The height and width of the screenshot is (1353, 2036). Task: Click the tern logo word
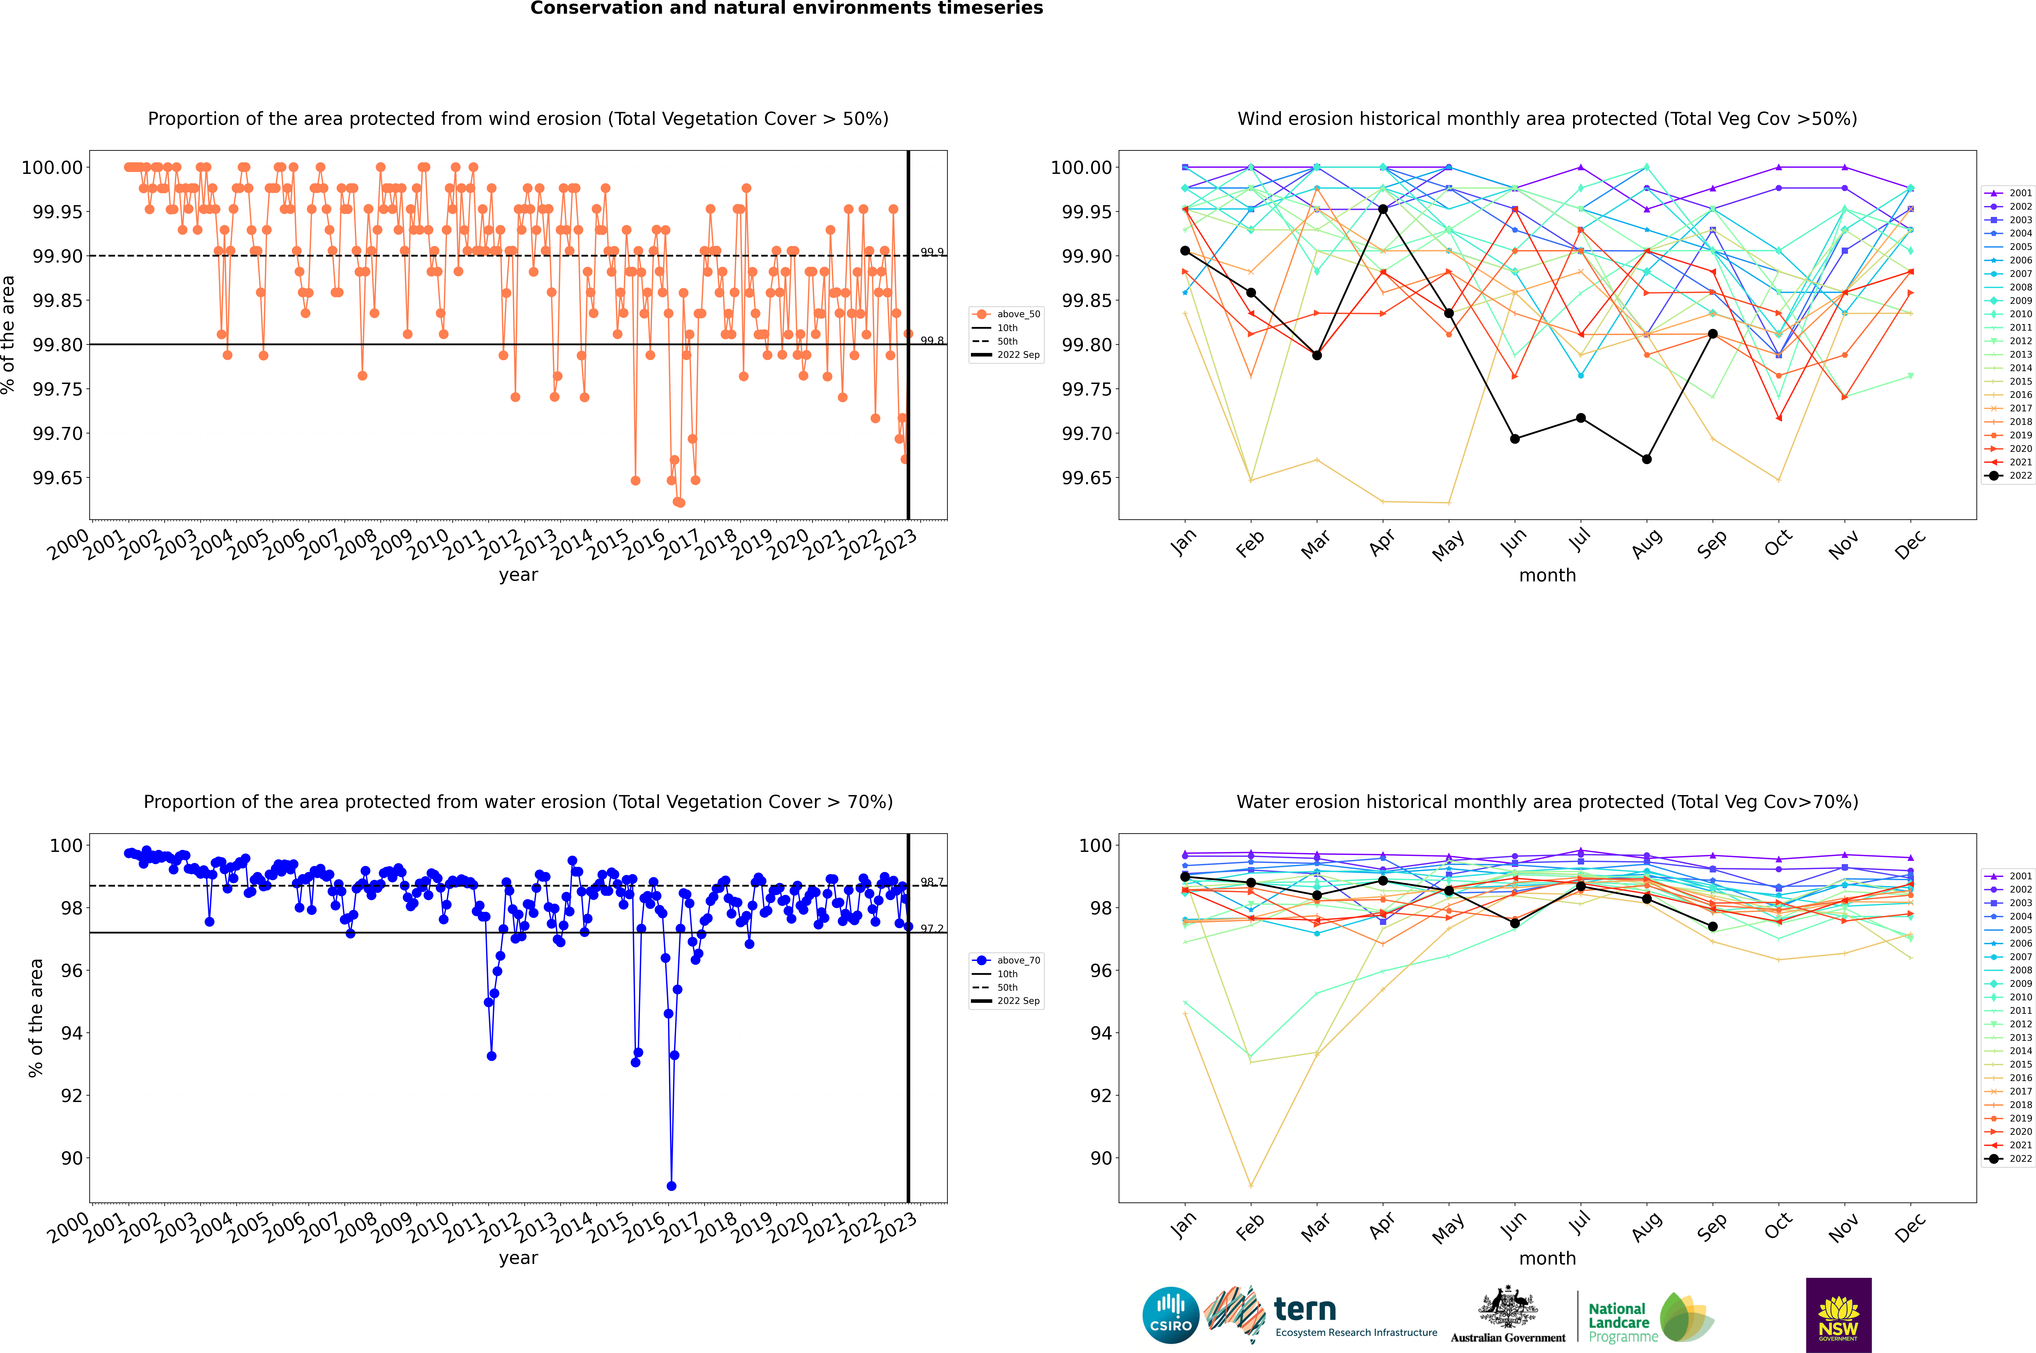pyautogui.click(x=1305, y=1310)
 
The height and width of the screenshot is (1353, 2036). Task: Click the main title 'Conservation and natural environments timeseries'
pyautogui.click(x=786, y=9)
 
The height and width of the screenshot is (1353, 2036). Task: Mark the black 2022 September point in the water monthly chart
pyautogui.click(x=1712, y=927)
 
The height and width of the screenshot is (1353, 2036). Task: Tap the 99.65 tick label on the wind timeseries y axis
pyautogui.click(x=58, y=478)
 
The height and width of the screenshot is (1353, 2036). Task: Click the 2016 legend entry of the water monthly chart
pyautogui.click(x=2020, y=1078)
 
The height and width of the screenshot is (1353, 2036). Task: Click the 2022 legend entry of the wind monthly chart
pyautogui.click(x=2020, y=475)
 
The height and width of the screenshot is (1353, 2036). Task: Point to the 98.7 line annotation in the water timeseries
pyautogui.click(x=931, y=882)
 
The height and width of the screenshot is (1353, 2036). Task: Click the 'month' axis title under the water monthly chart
pyautogui.click(x=1547, y=1258)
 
